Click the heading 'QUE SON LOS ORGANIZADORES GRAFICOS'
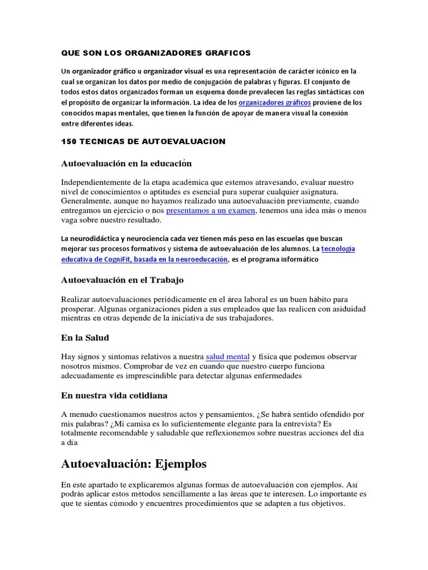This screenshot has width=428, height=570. (155, 53)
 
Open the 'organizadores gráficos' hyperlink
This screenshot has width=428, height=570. (274, 103)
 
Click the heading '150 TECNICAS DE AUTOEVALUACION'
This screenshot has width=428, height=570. (143, 141)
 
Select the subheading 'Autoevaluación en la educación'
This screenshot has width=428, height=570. (126, 163)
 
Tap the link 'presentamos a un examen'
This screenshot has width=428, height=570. (211, 210)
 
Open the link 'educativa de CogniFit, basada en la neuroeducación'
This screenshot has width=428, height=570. (144, 259)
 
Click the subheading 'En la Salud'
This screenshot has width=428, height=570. (84, 337)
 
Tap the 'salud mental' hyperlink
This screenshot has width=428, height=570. (227, 356)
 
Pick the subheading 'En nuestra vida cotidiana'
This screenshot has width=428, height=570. (114, 395)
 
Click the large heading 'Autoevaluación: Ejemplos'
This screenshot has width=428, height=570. (134, 463)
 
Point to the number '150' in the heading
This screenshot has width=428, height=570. (68, 141)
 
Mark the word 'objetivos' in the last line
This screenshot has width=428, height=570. (324, 504)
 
